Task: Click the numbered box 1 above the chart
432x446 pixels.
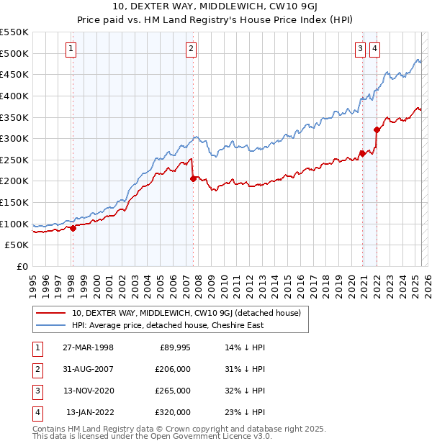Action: [x=72, y=49]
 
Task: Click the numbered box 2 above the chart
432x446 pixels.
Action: [x=192, y=49]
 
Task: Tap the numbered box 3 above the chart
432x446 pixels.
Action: [x=360, y=49]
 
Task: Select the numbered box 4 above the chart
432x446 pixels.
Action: [x=375, y=49]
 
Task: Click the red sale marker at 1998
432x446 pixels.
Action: [x=73, y=228]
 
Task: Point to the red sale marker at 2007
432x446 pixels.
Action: [x=193, y=178]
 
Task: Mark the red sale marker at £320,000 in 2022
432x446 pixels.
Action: [x=376, y=129]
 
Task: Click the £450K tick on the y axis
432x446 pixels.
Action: [x=15, y=75]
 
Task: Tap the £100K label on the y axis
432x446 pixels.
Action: [x=15, y=224]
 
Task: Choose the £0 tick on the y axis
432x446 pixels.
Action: [x=22, y=266]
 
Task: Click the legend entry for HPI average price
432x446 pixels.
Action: [x=167, y=325]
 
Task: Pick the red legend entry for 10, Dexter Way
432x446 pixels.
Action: [x=190, y=313]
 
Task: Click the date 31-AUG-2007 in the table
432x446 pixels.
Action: [x=88, y=370]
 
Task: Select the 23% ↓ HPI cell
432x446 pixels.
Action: [x=245, y=412]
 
